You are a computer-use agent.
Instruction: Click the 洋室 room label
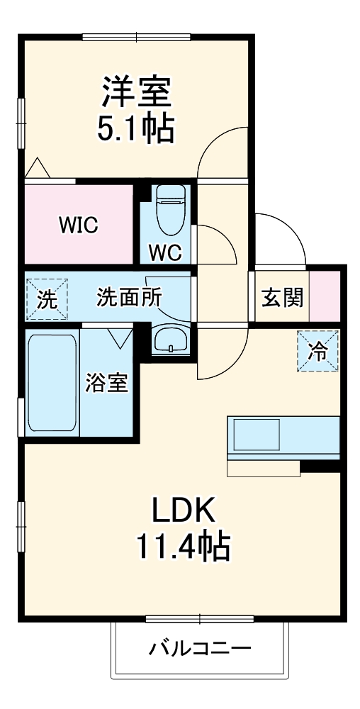coord(136,91)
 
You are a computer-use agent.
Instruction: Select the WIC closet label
coord(79,225)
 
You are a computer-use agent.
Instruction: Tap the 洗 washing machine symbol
coord(47,299)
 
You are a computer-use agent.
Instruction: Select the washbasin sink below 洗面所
coord(171,340)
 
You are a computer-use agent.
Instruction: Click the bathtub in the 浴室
coord(52,383)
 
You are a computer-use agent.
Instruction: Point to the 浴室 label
coord(107,384)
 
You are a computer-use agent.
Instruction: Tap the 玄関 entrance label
coord(282,297)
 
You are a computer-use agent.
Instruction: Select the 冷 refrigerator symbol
coord(318,351)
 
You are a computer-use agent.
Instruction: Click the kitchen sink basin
coord(256,434)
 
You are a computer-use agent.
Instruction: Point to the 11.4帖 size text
coord(183,547)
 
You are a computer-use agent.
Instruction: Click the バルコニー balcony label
coord(200,649)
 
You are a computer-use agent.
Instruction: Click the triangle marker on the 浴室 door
coord(120,338)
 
